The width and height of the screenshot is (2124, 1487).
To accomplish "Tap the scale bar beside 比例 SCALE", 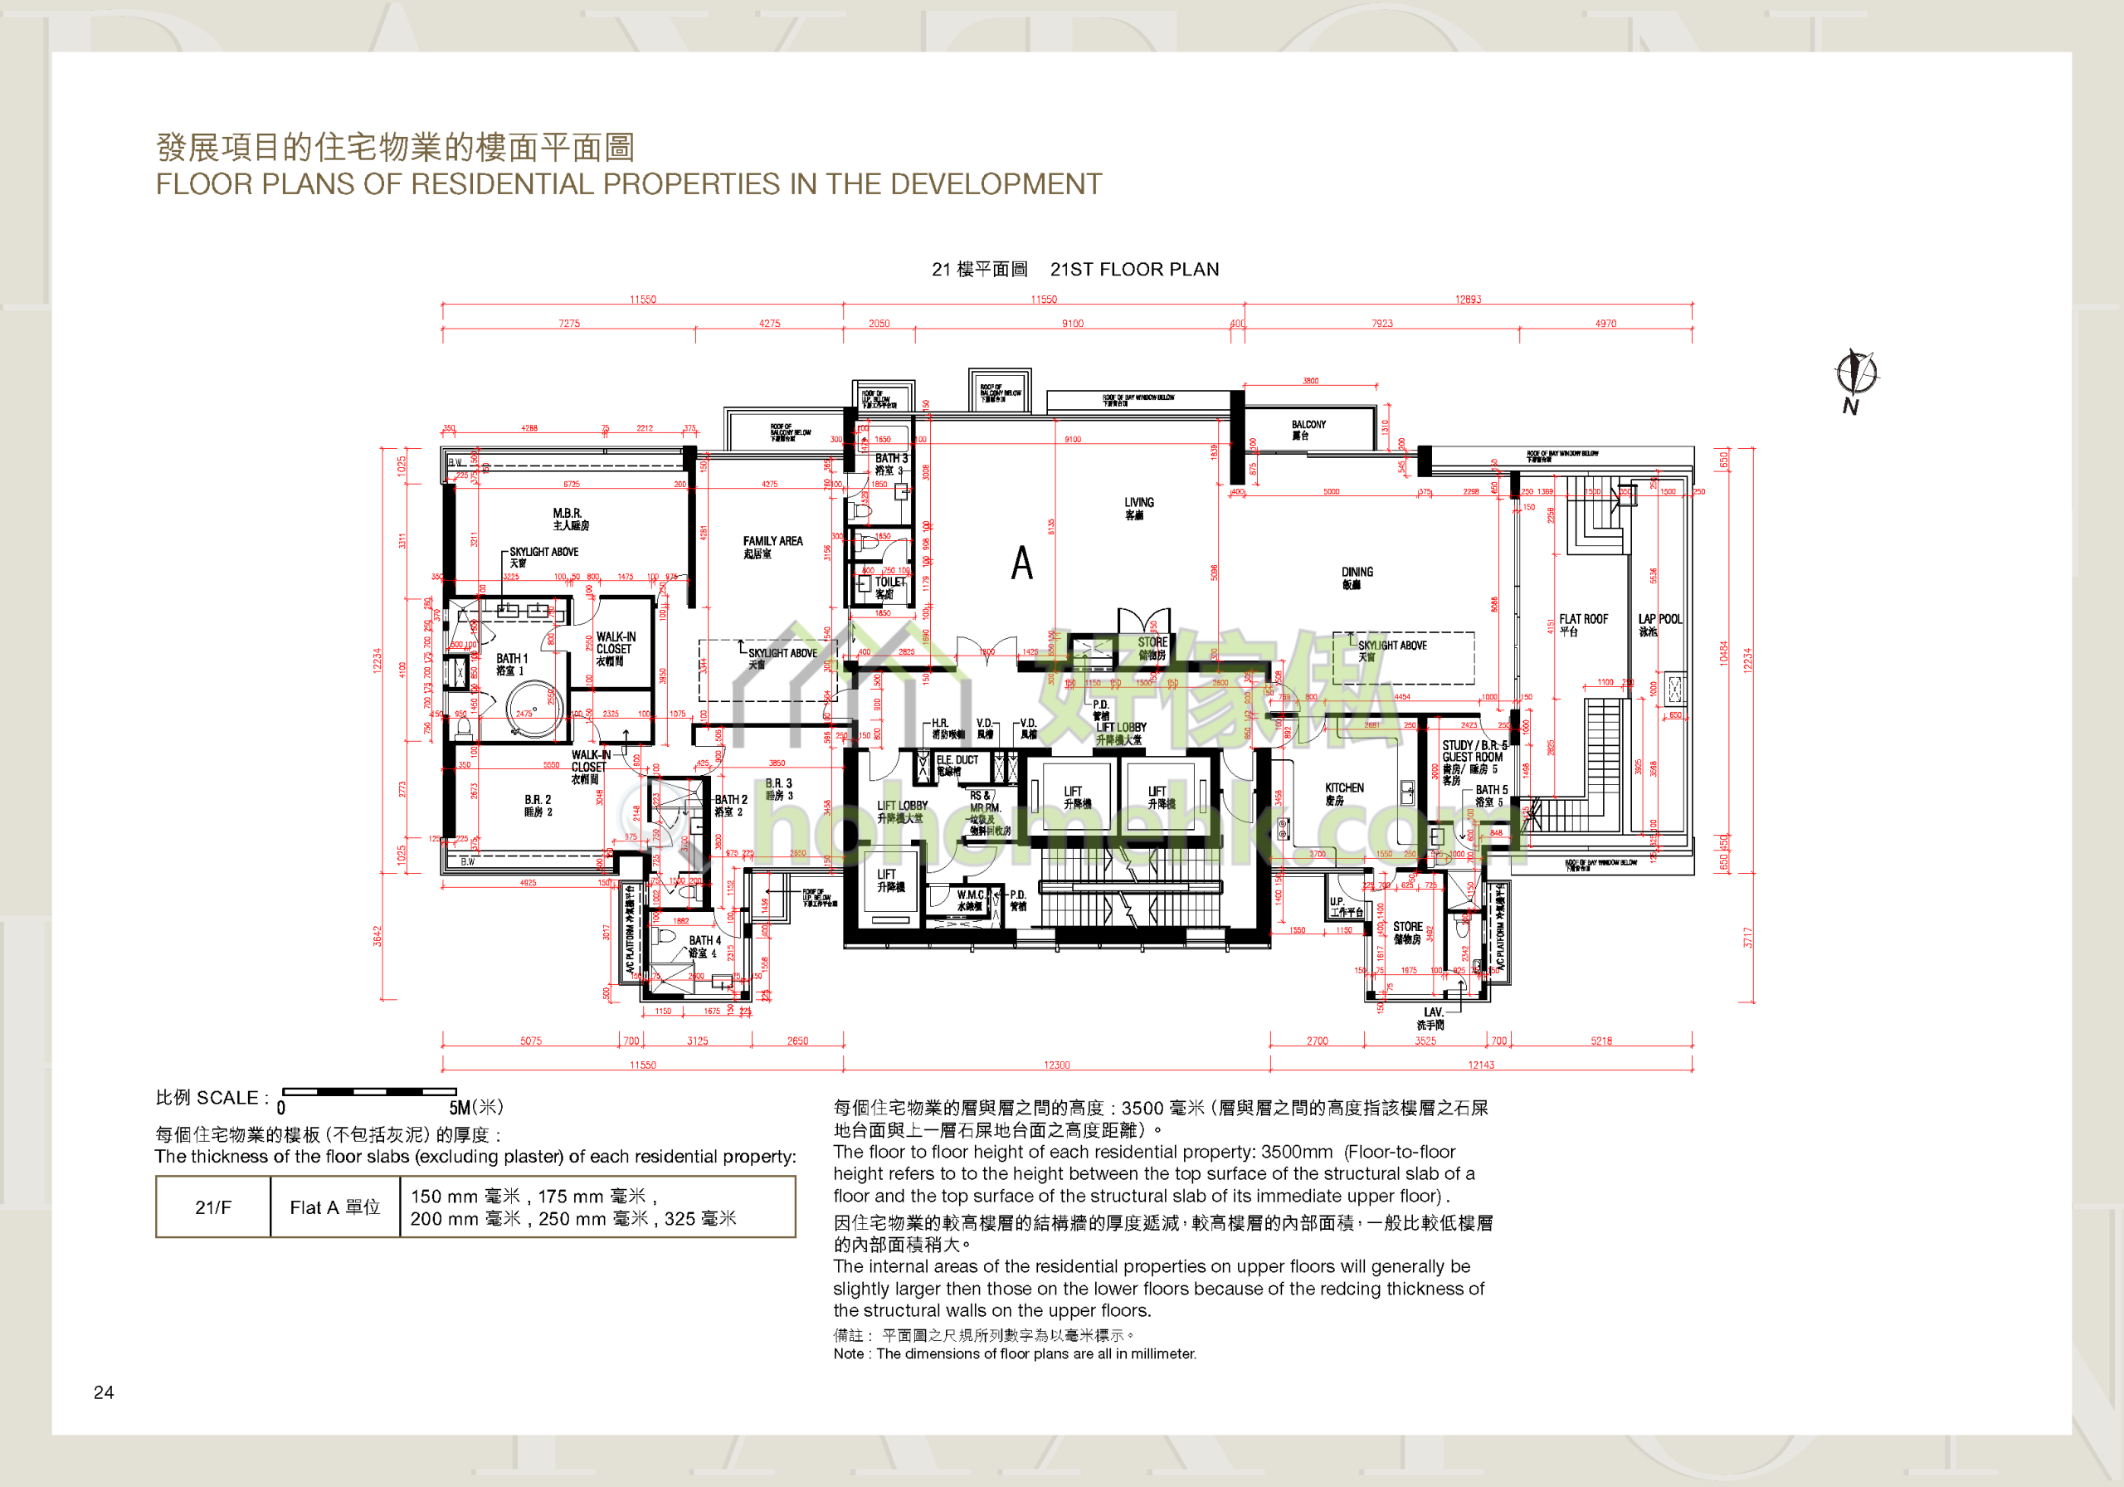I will click(369, 1092).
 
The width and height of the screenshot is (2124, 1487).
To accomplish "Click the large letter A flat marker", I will click(1021, 563).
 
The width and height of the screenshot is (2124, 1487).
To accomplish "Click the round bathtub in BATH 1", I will click(533, 709).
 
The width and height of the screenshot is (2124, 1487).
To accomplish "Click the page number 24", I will click(104, 1392).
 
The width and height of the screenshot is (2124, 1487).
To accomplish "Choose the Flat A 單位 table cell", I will click(335, 1207).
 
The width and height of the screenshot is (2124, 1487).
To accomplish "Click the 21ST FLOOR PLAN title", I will click(1134, 270).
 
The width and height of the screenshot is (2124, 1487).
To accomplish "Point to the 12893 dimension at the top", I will click(1467, 299).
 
